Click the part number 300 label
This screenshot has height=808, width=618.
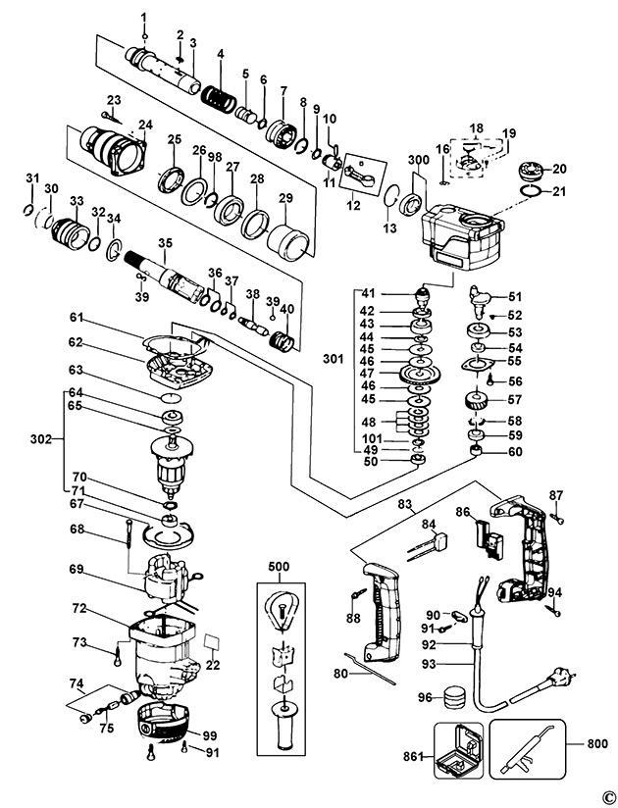418,159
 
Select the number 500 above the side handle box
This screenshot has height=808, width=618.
279,567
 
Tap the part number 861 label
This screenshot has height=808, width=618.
413,756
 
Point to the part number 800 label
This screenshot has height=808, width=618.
597,743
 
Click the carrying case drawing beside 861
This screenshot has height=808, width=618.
459,750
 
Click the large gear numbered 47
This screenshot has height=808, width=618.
421,373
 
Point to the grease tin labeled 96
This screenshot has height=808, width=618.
455,698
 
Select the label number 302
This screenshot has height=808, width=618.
41,439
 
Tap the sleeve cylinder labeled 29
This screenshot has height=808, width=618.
288,240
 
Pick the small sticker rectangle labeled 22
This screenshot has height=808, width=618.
212,642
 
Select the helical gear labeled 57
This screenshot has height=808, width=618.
477,400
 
